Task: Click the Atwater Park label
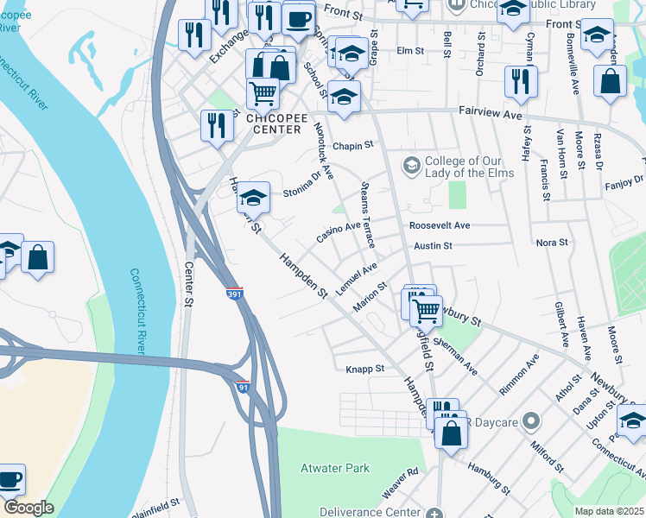(334, 469)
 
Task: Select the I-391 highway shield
(235, 294)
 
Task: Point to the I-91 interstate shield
(244, 388)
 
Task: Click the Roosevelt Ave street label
(440, 225)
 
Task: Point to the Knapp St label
(364, 369)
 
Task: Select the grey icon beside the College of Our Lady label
(412, 164)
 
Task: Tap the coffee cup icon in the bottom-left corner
(9, 479)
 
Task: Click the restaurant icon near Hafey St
(520, 82)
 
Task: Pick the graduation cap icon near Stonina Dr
(254, 198)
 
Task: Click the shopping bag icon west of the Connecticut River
(38, 258)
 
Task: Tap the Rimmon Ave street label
(519, 373)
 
